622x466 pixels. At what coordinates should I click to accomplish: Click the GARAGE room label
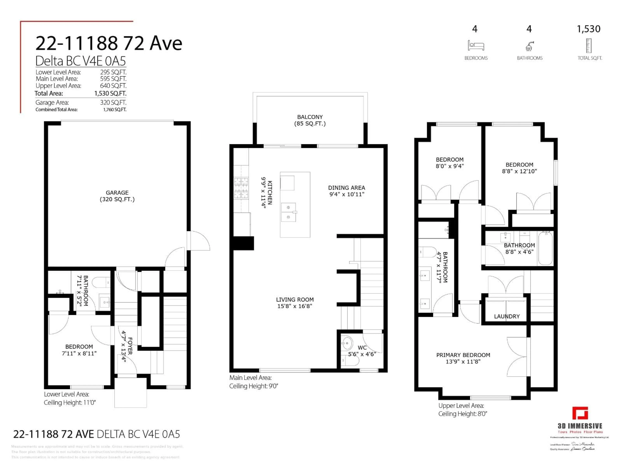point(117,193)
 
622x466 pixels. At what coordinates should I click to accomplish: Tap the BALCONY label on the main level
point(310,117)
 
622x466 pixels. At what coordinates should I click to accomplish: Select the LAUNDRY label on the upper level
point(507,316)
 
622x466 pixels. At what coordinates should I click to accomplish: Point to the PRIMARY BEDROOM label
point(463,355)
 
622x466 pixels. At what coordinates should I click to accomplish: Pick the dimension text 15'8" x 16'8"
point(294,306)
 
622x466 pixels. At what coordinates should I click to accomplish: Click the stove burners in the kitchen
point(241,188)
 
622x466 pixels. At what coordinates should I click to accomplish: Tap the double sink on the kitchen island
point(288,212)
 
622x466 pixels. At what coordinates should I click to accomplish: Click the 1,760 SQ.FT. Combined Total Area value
point(115,110)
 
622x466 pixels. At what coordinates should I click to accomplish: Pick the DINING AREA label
point(346,188)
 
